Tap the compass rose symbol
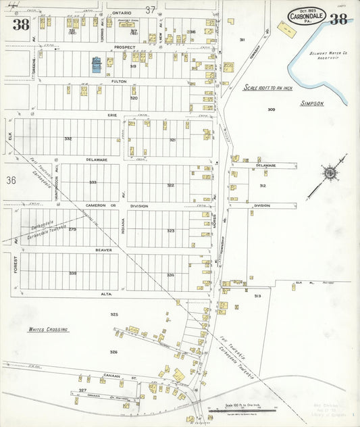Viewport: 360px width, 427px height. [x=330, y=174]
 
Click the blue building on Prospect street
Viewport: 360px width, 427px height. [x=96, y=66]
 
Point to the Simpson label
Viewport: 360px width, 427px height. [x=312, y=103]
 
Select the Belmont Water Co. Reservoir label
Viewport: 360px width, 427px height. [x=328, y=55]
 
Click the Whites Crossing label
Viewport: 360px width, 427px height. [x=48, y=329]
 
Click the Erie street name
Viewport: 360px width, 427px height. [x=113, y=116]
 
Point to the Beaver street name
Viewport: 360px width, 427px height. [x=103, y=249]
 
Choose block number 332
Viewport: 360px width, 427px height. [x=68, y=139]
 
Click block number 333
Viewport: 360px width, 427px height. [x=93, y=182]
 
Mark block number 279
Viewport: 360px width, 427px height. [x=72, y=229]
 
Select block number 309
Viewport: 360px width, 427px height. [x=271, y=109]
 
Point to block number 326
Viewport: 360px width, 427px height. [x=113, y=351]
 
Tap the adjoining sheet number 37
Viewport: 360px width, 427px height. [x=150, y=9]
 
